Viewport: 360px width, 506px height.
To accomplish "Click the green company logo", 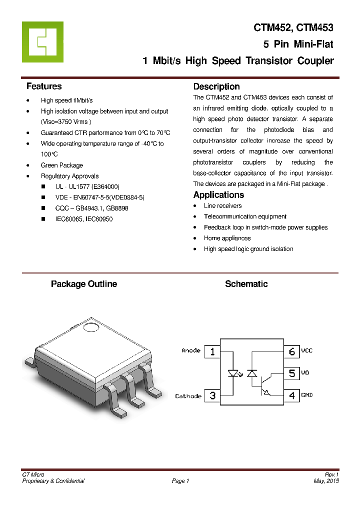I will [x=42, y=42].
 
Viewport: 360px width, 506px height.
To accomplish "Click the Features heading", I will [x=44, y=86].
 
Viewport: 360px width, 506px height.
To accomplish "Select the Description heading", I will [x=216, y=86].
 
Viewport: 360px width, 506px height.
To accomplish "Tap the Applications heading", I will [x=218, y=195].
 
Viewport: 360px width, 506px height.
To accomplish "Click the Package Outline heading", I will [x=84, y=284].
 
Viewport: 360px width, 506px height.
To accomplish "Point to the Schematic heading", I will [x=246, y=284].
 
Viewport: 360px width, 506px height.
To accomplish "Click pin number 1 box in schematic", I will [x=212, y=351].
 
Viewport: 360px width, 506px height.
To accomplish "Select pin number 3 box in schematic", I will [x=212, y=395].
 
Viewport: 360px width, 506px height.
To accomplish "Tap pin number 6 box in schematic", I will [x=292, y=351].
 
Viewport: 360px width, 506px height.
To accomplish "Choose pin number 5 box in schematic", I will [x=292, y=373].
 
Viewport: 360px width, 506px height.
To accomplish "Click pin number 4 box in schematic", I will [x=292, y=395].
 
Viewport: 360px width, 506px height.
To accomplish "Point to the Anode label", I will [x=191, y=351].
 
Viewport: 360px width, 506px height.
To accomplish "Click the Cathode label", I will [x=188, y=396].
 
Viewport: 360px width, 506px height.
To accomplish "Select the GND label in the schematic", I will [x=306, y=395].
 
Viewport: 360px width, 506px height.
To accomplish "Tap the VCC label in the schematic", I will [x=306, y=351].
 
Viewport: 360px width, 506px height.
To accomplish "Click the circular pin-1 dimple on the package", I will [x=91, y=327].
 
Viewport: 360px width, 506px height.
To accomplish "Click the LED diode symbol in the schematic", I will [x=233, y=373].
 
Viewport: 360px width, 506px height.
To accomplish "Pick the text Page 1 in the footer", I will [x=180, y=481].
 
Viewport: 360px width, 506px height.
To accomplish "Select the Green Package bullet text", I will [x=62, y=165].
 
